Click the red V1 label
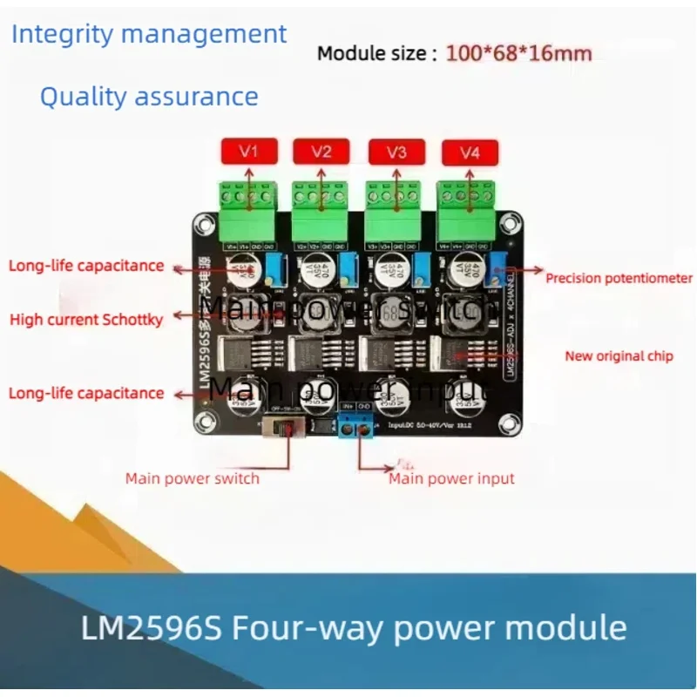(250, 152)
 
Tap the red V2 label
(321, 152)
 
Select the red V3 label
(396, 153)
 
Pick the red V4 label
(470, 154)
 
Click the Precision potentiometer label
(619, 279)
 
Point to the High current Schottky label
(86, 320)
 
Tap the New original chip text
(619, 355)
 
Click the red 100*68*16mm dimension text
(518, 54)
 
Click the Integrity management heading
(149, 35)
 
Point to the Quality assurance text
(149, 96)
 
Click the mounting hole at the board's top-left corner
(205, 228)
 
